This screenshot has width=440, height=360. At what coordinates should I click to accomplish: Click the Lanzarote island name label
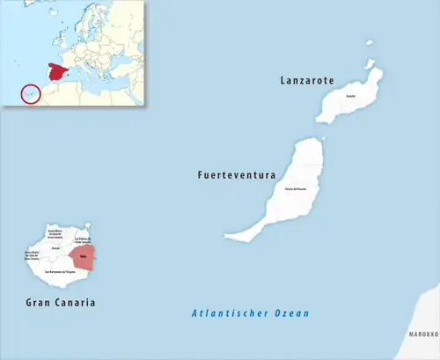(x=306, y=80)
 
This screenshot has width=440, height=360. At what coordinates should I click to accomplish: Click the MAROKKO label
(x=422, y=335)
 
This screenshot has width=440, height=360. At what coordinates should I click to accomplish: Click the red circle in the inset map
(x=30, y=92)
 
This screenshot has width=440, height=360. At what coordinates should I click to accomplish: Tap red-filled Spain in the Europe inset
(x=61, y=70)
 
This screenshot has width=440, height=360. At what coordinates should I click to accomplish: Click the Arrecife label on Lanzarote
(x=350, y=96)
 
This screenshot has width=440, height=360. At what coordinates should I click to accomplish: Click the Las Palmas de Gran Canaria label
(x=83, y=239)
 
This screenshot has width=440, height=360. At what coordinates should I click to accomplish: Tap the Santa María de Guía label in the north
(x=55, y=232)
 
